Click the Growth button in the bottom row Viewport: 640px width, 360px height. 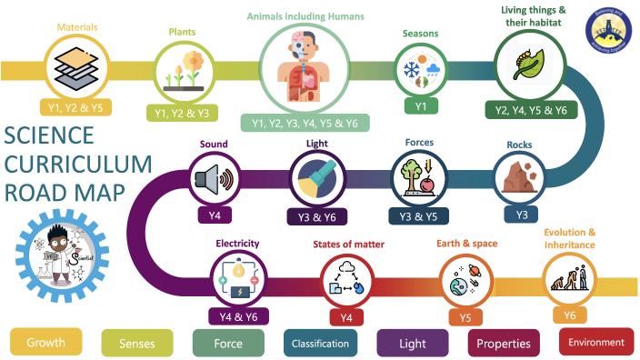[x=45, y=343]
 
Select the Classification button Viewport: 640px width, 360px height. [x=319, y=343]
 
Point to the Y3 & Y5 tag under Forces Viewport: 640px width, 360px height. [x=420, y=216]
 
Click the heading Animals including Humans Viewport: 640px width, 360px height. [x=305, y=15]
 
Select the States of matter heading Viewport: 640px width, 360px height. [x=348, y=245]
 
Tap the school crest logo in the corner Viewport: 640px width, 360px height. [x=607, y=25]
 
